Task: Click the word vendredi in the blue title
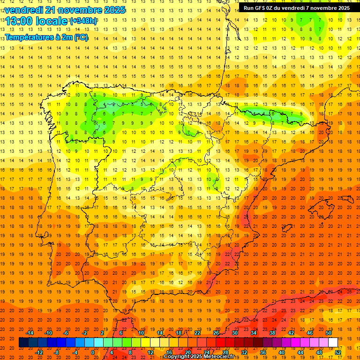24,10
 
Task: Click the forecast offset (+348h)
83,21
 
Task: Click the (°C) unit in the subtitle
80,37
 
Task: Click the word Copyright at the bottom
177,357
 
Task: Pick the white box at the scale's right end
333,343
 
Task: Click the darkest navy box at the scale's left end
23,343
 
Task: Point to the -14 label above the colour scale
30,333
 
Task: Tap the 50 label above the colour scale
328,333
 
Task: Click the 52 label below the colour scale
338,352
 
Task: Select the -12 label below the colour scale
39,352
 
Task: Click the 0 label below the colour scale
93,352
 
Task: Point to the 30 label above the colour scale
234,333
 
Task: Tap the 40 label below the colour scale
282,352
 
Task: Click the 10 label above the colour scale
141,333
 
